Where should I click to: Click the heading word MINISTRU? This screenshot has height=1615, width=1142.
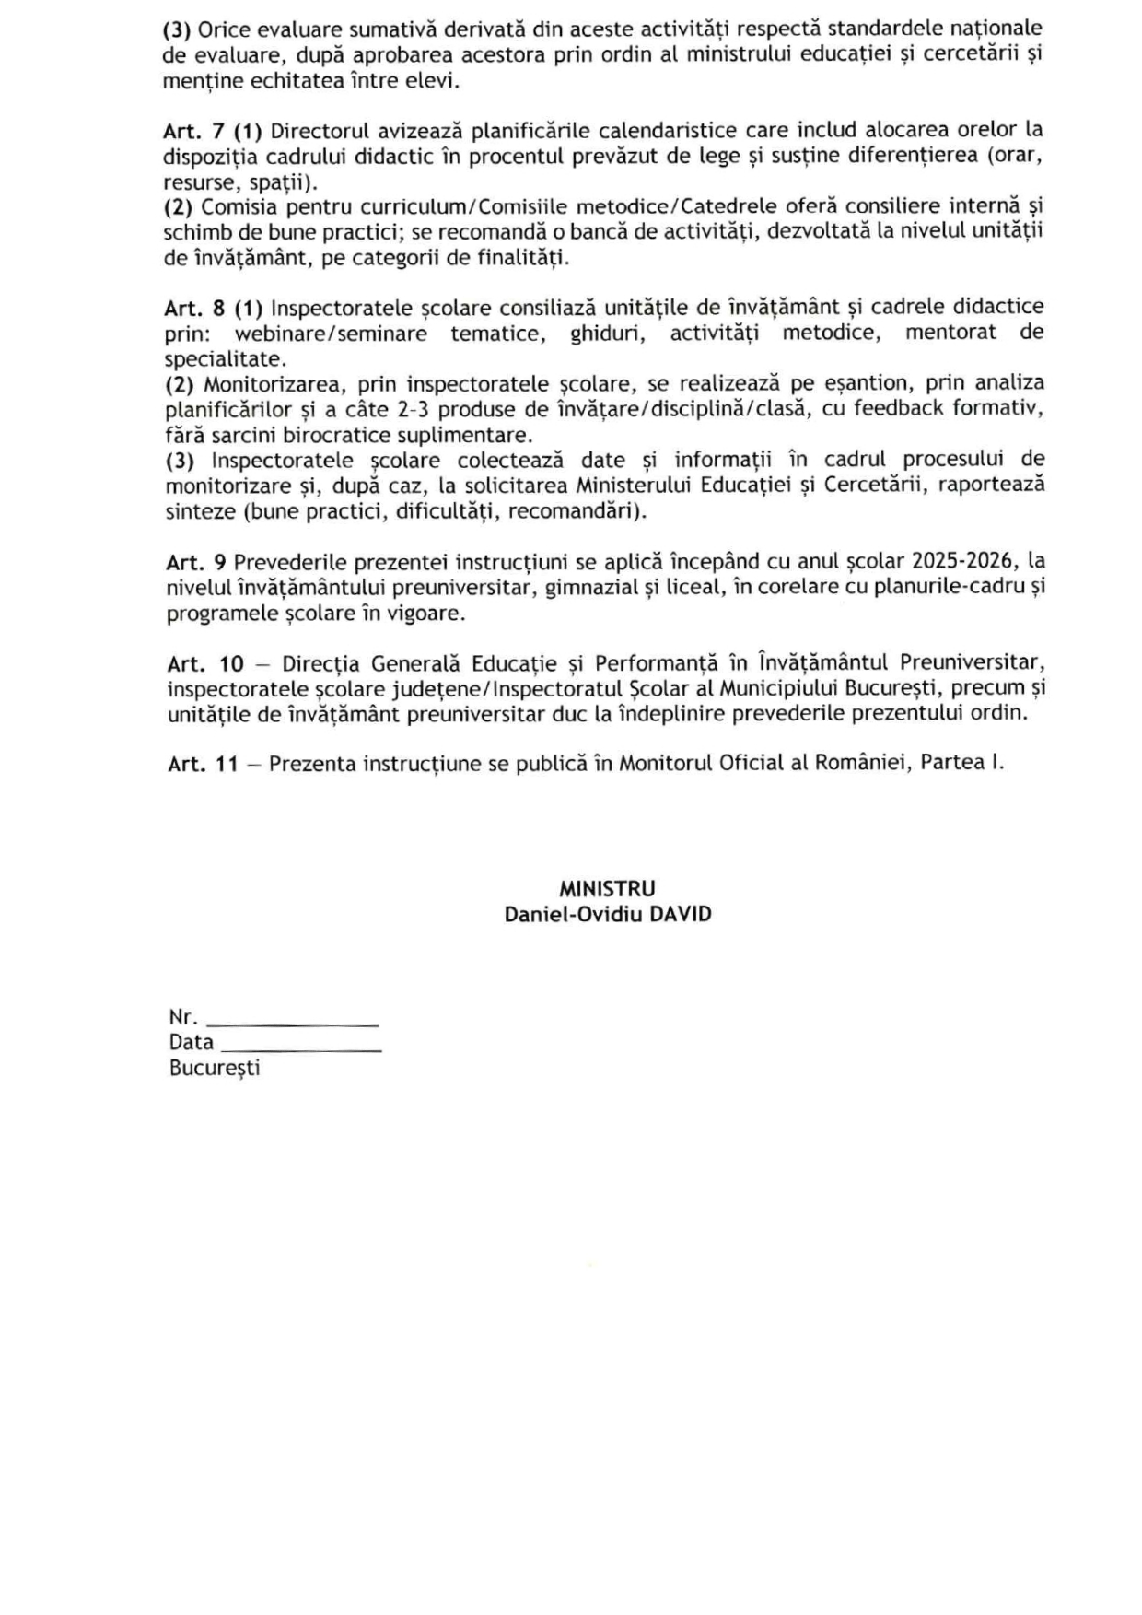pyautogui.click(x=607, y=889)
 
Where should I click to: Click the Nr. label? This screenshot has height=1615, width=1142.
pyautogui.click(x=183, y=1018)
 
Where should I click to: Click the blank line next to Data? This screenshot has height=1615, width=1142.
pyautogui.click(x=301, y=1049)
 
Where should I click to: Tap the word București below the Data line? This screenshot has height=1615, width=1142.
pyautogui.click(x=215, y=1069)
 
